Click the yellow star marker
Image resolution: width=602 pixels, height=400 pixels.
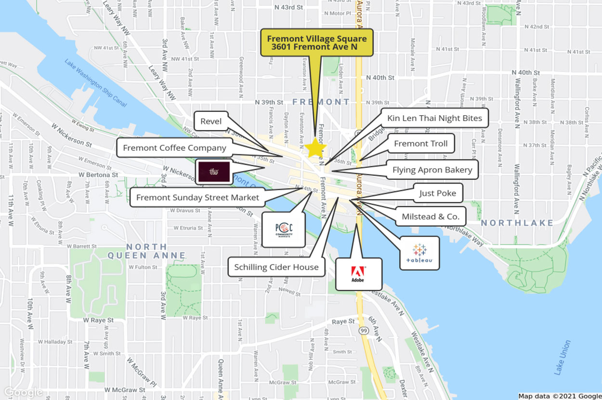pos(316,147)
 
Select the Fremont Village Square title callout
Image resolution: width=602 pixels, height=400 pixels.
pos(316,42)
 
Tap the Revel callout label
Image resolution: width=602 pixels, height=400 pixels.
pos(211,121)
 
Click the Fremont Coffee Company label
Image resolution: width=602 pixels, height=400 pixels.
pos(174,148)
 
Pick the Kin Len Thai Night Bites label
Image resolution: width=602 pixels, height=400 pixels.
pos(434,118)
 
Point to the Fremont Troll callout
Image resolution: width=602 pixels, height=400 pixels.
pos(420,144)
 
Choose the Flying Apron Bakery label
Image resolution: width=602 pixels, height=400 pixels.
pos(432,170)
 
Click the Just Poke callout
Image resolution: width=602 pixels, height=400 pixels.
pos(437,193)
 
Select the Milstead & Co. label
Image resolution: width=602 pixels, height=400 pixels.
pos(431,216)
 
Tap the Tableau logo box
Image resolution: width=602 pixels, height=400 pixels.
pos(419,253)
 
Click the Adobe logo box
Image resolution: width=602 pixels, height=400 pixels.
pos(358,274)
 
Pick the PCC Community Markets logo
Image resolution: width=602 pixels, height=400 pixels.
pos(284,229)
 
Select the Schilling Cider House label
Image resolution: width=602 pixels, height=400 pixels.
pos(276,267)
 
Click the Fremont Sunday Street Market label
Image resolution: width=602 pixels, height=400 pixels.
pos(197,197)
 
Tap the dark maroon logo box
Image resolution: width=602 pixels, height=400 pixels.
pos(213,172)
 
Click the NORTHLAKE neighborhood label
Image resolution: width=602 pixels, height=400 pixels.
pos(517,223)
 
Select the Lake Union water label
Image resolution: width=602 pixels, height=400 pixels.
pos(562,358)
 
